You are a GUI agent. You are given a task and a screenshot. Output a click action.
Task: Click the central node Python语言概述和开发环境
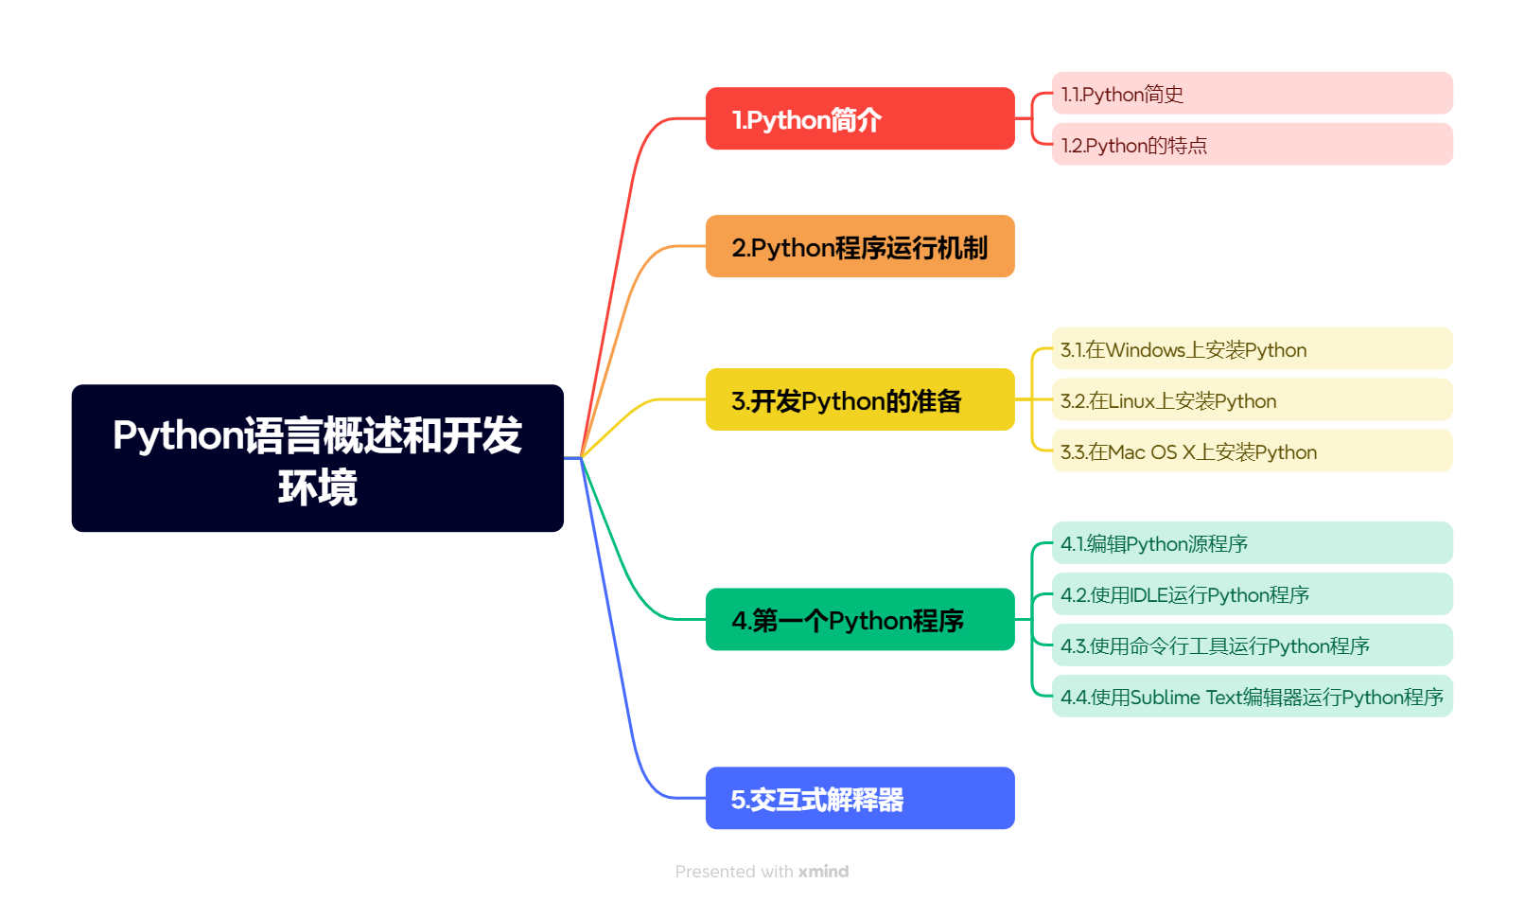tap(317, 458)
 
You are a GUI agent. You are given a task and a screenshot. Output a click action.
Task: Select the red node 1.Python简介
tap(859, 119)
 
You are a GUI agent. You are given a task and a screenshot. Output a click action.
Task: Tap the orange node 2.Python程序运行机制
tap(859, 247)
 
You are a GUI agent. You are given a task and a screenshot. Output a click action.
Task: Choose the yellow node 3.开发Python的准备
tap(859, 400)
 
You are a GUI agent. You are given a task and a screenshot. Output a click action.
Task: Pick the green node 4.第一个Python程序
tap(859, 620)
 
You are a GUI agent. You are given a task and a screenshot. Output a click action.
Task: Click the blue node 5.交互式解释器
tap(859, 799)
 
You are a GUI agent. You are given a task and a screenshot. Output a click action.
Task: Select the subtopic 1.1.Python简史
tap(1251, 94)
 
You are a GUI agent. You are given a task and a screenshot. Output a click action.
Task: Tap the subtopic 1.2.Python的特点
tap(1251, 145)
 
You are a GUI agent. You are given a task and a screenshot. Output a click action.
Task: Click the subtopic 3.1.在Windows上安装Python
tap(1251, 349)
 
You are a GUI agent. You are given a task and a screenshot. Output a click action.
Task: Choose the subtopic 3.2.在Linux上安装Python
tap(1251, 400)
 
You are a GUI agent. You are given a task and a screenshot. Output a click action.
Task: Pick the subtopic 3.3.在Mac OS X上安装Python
tap(1251, 451)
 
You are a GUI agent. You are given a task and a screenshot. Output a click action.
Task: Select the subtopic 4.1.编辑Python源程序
tap(1251, 543)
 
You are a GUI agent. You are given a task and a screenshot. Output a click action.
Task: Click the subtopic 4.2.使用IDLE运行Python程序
tap(1251, 594)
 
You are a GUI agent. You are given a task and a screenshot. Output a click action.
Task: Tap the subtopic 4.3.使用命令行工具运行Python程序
tap(1251, 645)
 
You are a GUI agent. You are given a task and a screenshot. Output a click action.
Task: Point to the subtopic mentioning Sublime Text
tap(1251, 697)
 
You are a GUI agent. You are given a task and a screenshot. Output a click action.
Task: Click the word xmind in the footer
tap(823, 872)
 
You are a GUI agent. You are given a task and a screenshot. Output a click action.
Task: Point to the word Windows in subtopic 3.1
tap(1145, 350)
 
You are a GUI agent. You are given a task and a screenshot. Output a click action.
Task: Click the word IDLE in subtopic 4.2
tap(1148, 595)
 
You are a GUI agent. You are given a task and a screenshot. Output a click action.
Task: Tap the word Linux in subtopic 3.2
tap(1131, 401)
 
